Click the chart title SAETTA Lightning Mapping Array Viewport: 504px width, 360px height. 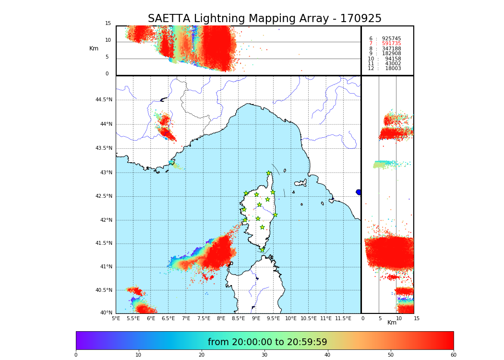[264, 19]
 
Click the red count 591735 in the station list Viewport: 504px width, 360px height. [391, 44]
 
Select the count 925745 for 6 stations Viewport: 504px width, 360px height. [391, 38]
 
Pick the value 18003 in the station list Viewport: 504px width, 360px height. [393, 69]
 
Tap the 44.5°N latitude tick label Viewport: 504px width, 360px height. [104, 100]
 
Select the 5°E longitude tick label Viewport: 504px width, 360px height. [116, 318]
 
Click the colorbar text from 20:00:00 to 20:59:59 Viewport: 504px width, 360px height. [267, 342]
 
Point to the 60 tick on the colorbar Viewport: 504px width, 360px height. [453, 355]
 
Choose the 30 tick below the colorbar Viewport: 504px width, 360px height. [264, 355]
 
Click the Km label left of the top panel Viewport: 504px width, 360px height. [94, 48]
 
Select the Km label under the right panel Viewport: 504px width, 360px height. [392, 323]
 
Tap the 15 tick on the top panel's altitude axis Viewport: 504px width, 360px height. [108, 24]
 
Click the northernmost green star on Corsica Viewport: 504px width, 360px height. [269, 173]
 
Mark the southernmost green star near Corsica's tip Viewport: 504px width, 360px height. [262, 250]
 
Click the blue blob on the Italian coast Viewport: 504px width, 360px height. [359, 192]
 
